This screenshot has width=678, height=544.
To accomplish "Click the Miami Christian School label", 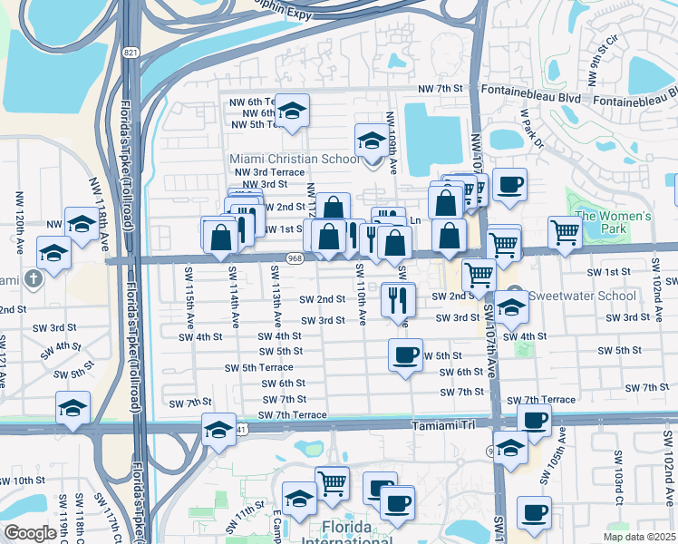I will point(295,160).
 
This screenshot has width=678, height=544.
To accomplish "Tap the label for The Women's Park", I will point(614,222).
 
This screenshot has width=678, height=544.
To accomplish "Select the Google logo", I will point(30,534).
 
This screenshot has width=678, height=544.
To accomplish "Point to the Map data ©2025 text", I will point(639,537).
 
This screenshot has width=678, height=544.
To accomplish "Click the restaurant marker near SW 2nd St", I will point(399,299).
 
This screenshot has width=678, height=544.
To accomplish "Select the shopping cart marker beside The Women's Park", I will point(565,232).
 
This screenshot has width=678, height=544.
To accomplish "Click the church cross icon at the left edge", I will point(33,278).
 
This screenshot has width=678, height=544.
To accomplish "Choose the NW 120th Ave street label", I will point(20,213).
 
